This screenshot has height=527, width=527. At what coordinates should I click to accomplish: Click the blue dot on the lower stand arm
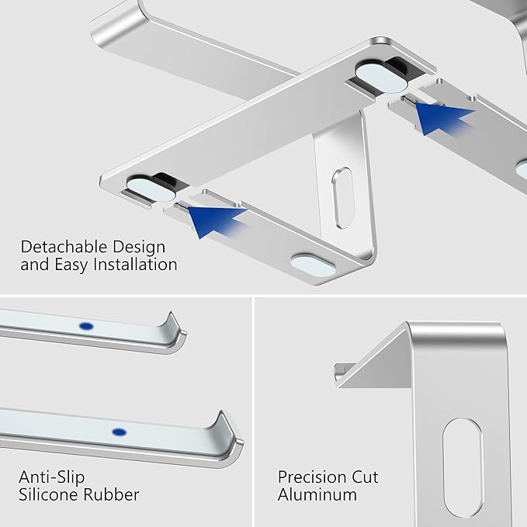coord(119,431)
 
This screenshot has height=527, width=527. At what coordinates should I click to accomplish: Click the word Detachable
coord(64,247)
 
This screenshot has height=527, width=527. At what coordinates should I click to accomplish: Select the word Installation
coord(132,265)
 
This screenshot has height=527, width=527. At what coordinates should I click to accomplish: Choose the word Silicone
coord(50,494)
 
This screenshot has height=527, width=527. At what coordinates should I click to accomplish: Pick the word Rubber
coord(113,494)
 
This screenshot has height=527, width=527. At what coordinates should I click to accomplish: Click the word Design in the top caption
coord(138,247)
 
